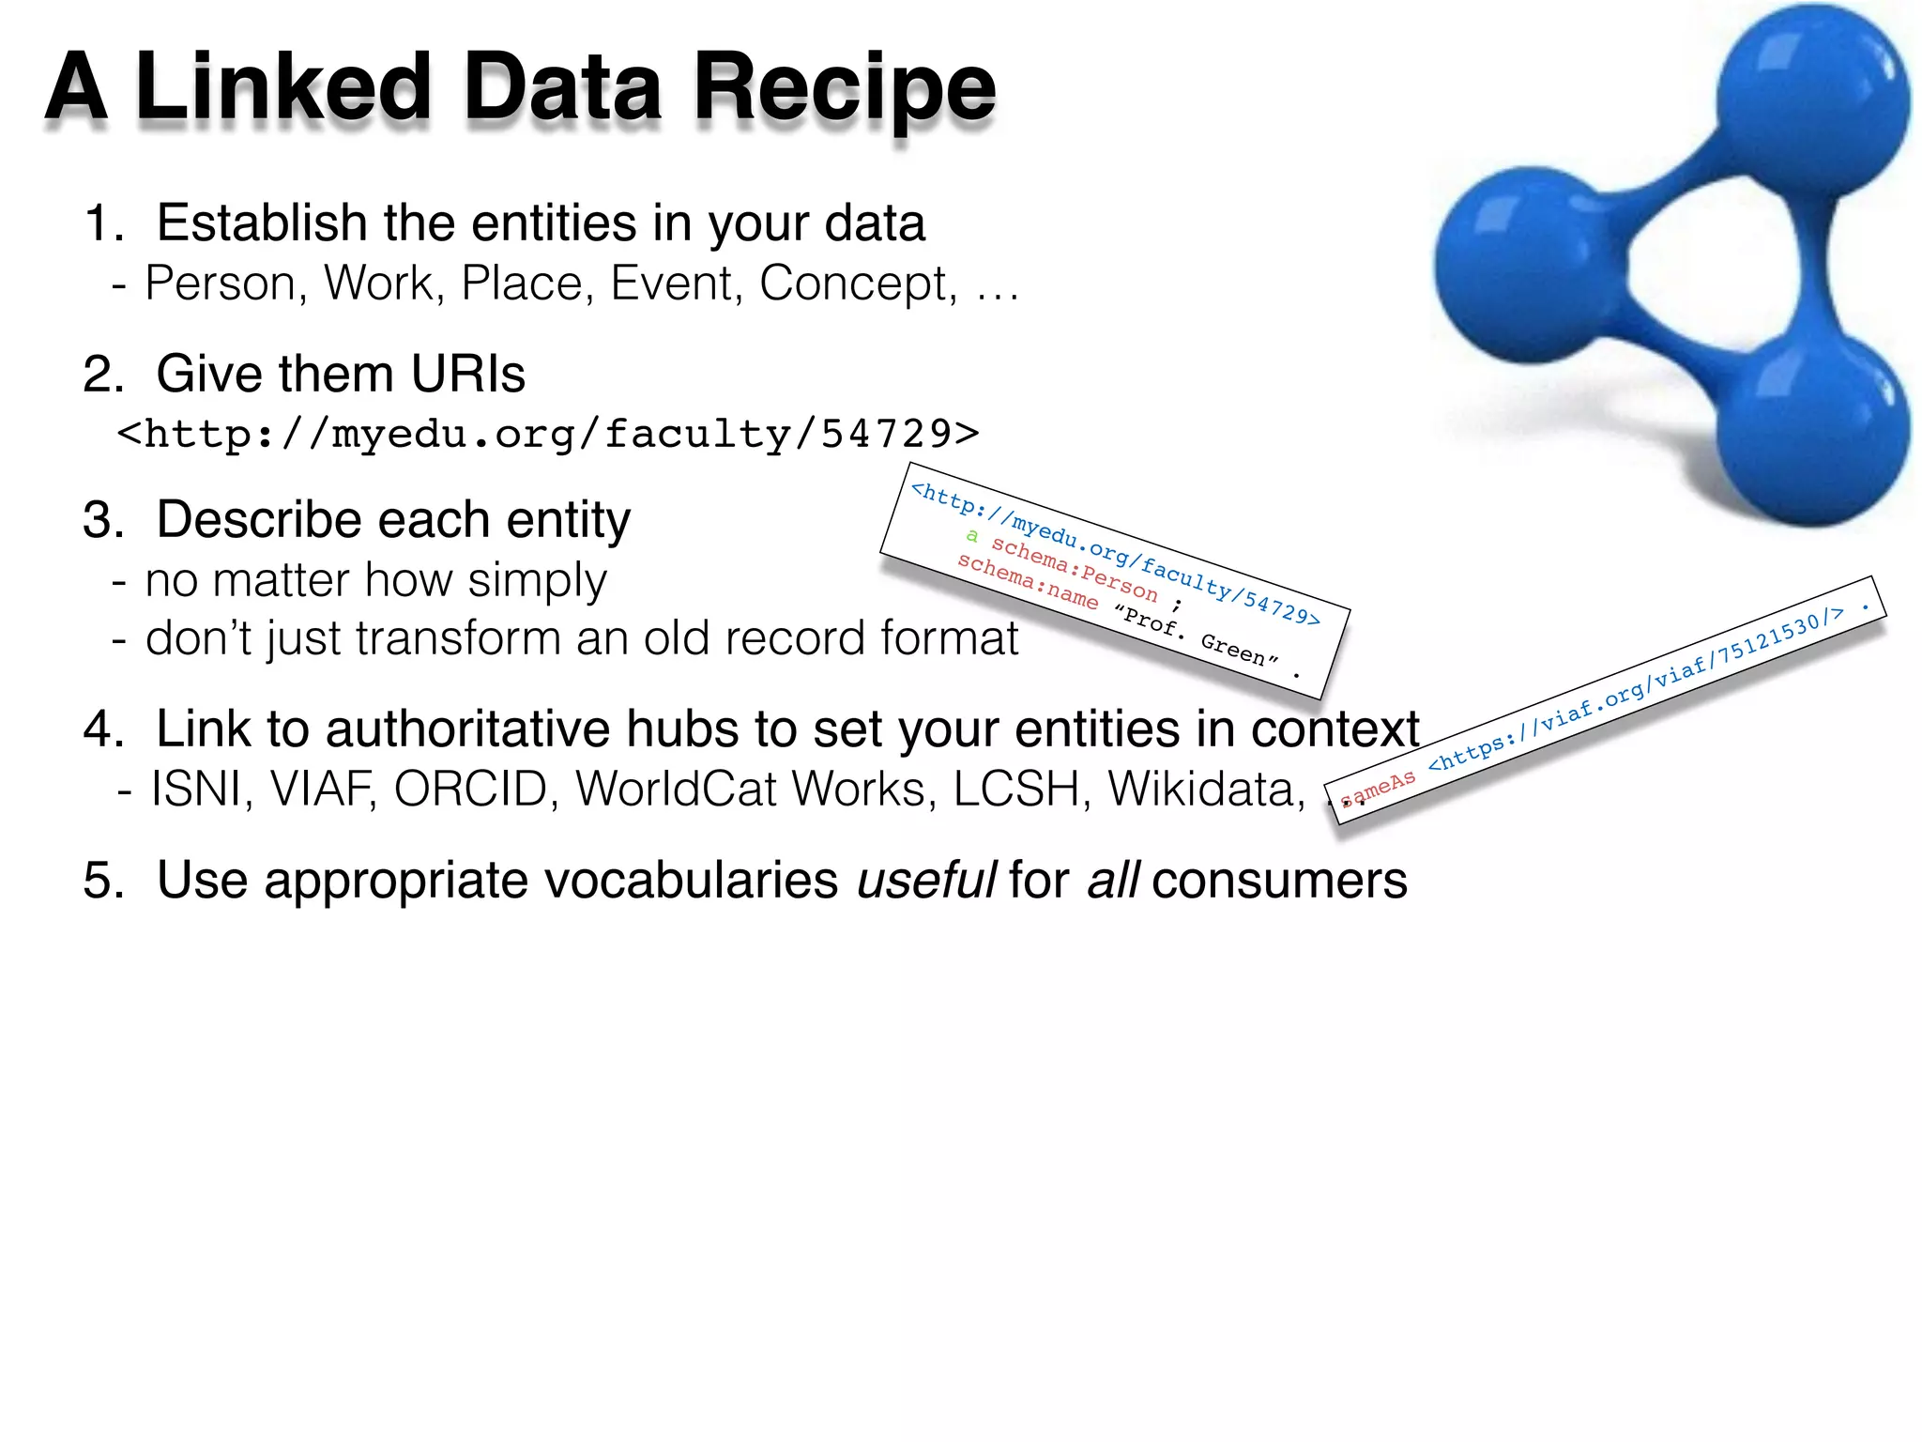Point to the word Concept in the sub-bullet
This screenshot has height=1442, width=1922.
[856, 284]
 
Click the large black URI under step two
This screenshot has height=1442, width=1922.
[548, 434]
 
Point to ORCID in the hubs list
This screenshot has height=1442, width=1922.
[470, 789]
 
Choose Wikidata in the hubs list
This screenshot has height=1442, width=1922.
[1206, 789]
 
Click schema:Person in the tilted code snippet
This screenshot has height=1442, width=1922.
[1074, 570]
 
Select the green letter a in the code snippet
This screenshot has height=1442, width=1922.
[972, 535]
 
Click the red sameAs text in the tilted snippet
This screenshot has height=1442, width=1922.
[1378, 789]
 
